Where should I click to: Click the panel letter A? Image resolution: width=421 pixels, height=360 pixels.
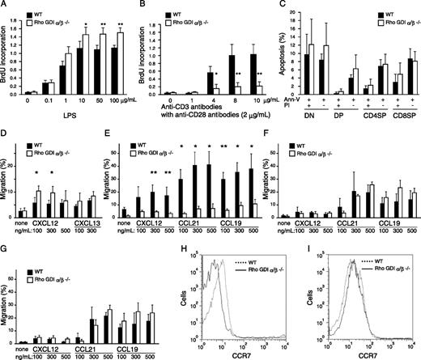coord(5,6)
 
